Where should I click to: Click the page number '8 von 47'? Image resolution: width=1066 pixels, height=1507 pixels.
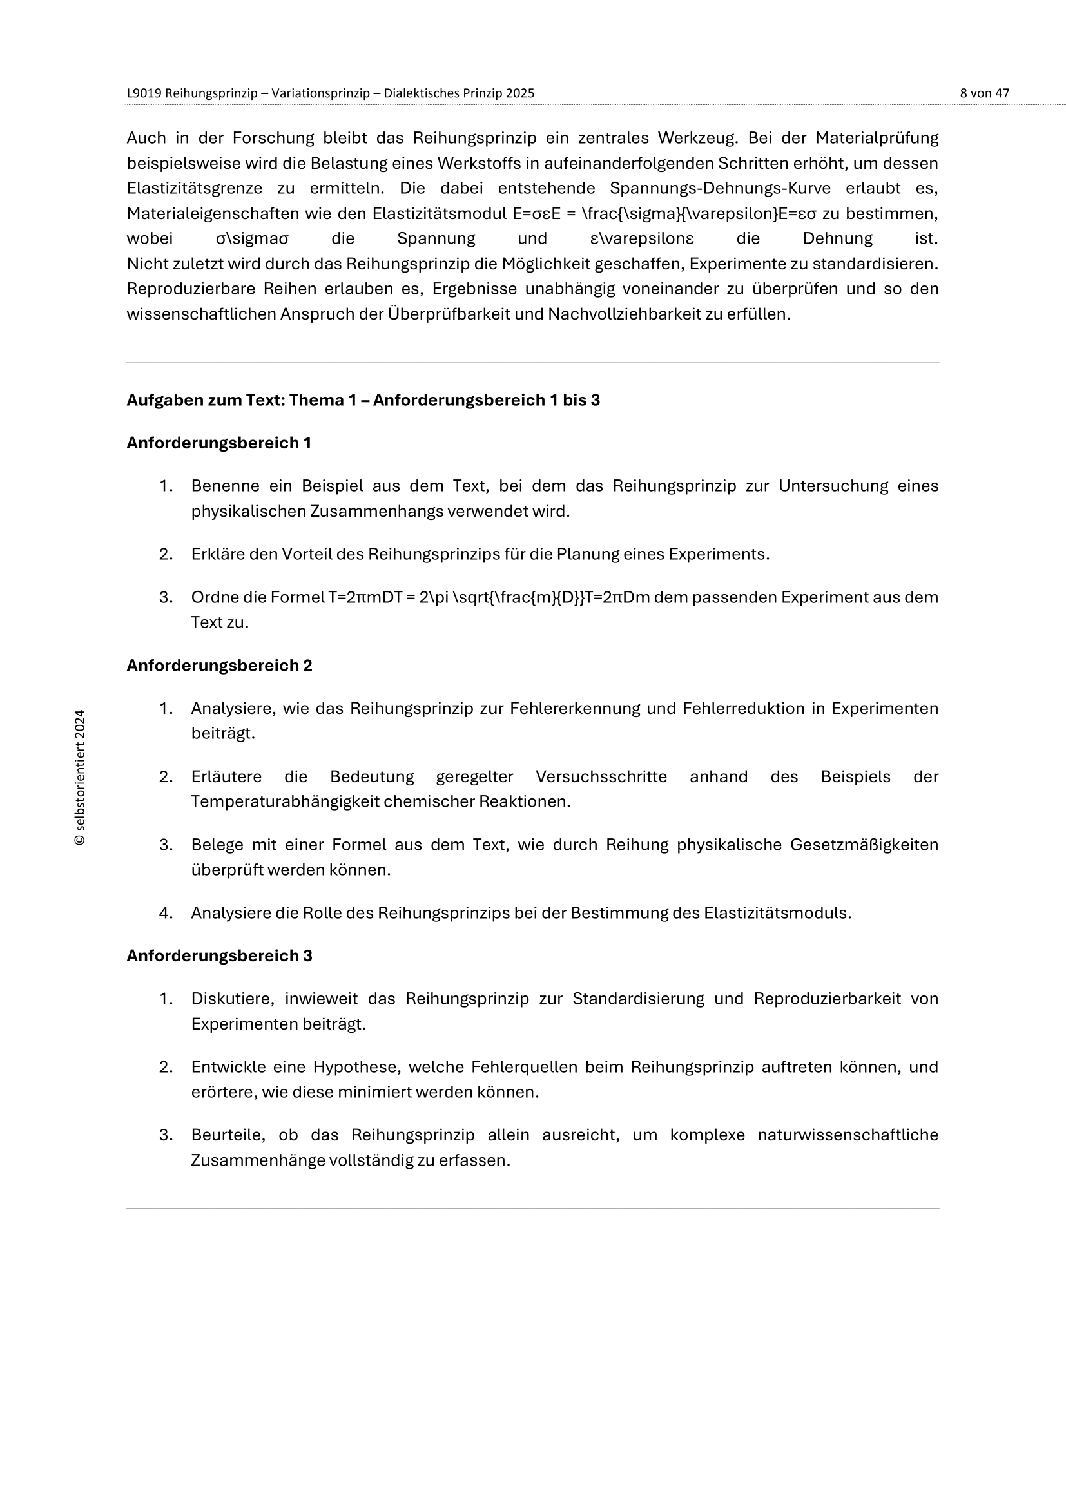(984, 93)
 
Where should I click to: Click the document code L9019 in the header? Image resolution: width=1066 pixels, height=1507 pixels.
(144, 93)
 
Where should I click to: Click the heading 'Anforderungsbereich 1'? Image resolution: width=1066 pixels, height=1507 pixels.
(218, 443)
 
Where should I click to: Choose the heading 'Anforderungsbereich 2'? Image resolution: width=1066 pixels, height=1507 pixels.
(219, 666)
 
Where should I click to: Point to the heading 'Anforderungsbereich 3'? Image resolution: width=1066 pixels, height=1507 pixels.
(219, 955)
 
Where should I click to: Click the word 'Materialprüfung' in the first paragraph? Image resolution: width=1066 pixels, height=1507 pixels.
(877, 138)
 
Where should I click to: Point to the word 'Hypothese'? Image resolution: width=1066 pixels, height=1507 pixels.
(354, 1067)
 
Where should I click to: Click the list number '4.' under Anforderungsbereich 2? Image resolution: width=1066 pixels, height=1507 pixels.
(166, 913)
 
